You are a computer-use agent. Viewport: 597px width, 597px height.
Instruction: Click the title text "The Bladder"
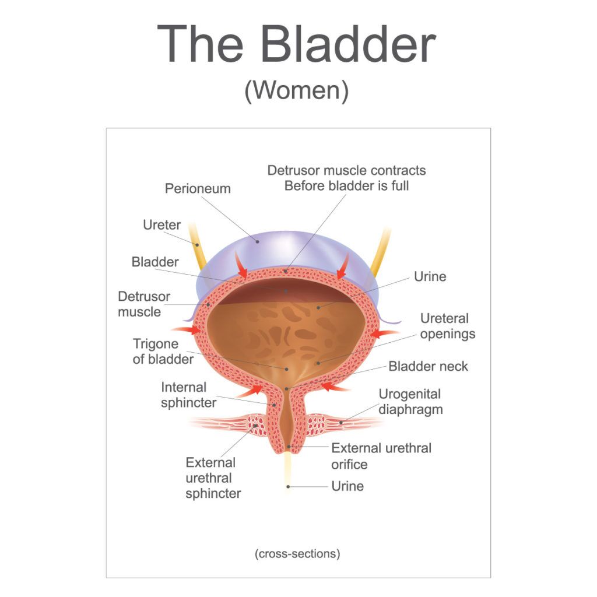click(x=297, y=44)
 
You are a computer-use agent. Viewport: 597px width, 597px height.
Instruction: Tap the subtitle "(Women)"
click(x=297, y=91)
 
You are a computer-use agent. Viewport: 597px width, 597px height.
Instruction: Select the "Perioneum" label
click(x=198, y=188)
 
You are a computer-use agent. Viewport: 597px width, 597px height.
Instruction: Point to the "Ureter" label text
click(x=161, y=225)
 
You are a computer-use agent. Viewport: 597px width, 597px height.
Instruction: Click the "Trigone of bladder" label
click(x=163, y=352)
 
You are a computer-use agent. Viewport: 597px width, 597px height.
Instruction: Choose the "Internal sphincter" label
click(x=188, y=395)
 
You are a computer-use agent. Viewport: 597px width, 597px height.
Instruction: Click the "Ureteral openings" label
click(x=447, y=326)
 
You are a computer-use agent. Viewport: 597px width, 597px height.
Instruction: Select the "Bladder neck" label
click(x=428, y=366)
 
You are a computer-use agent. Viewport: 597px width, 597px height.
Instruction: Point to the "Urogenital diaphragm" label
click(x=410, y=402)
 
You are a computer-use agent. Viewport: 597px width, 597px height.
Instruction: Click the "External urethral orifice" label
click(x=381, y=456)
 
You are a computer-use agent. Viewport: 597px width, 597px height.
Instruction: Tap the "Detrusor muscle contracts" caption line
click(x=346, y=170)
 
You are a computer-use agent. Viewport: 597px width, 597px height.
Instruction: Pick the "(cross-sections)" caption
click(x=297, y=553)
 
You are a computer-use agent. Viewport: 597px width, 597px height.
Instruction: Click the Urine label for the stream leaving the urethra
click(x=347, y=486)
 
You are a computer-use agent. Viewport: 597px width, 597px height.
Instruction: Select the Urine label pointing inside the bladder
click(x=430, y=276)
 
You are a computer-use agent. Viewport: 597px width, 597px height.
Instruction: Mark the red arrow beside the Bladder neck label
click(x=335, y=385)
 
